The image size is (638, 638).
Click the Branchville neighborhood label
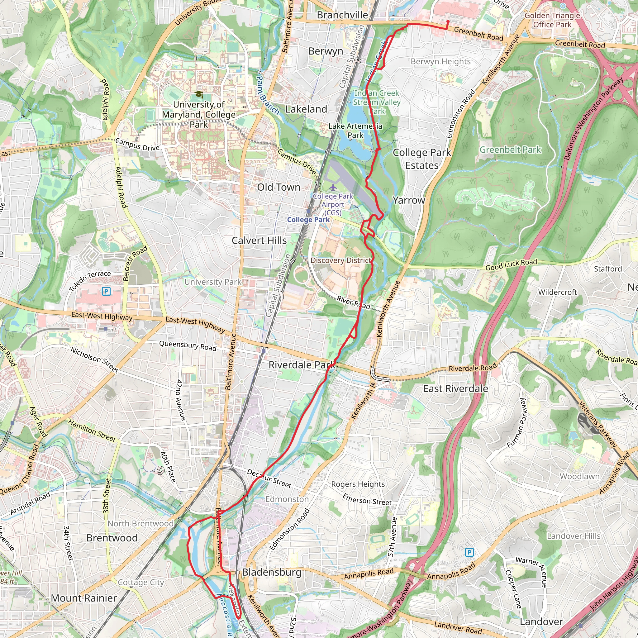click(342, 15)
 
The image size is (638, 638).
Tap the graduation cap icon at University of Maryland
click(199, 95)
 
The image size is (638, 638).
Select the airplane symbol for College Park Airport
click(333, 187)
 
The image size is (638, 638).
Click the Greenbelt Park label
click(510, 150)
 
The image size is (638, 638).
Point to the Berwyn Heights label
click(440, 62)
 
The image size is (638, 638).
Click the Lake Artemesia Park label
click(355, 131)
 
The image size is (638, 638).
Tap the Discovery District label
click(341, 260)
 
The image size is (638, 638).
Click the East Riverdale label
click(455, 389)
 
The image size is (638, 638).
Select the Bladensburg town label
click(272, 572)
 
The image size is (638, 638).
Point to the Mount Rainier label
click(84, 598)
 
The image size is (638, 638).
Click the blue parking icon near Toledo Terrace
click(106, 291)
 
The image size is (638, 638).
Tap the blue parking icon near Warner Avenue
click(469, 552)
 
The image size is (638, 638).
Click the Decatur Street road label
click(269, 479)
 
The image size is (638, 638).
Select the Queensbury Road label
click(188, 346)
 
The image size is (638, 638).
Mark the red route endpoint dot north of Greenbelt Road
click(448, 22)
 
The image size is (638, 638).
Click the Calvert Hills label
click(259, 241)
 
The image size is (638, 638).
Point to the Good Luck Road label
click(511, 265)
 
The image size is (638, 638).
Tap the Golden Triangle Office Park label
click(552, 20)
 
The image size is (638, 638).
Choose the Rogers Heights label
click(358, 484)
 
